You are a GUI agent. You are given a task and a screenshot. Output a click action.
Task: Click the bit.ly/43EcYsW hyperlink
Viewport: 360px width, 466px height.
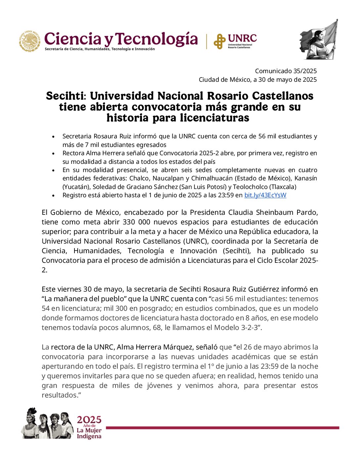pyautogui.click(x=265, y=195)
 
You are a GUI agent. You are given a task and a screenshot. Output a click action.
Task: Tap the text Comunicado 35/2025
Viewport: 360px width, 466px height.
pyautogui.click(x=286, y=71)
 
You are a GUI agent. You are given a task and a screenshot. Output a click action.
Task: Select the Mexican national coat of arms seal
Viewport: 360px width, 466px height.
pyautogui.click(x=30, y=41)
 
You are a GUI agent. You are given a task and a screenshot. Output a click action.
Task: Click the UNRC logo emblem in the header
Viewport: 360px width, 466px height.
pyautogui.click(x=219, y=41)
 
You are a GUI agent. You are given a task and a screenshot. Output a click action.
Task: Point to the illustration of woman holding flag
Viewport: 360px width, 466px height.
pyautogui.click(x=318, y=40)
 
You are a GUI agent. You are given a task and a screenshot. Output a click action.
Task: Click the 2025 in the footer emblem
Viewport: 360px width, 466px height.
pyautogui.click(x=89, y=420)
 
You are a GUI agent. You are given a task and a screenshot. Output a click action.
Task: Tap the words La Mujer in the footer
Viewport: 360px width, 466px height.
pyautogui.click(x=89, y=430)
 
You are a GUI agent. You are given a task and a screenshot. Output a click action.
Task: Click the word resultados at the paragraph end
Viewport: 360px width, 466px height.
pyautogui.click(x=59, y=395)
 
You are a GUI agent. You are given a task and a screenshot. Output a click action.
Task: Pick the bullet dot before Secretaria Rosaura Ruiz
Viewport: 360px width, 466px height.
pyautogui.click(x=53, y=136)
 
